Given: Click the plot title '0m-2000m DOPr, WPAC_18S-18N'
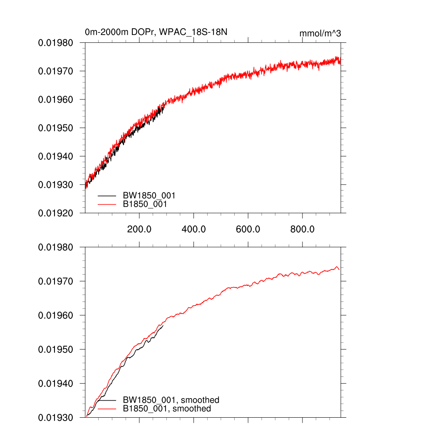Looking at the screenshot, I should (156, 32).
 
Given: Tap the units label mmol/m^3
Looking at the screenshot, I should (320, 33).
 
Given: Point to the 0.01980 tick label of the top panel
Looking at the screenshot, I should (56, 43).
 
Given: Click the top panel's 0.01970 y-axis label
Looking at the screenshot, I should (56, 71).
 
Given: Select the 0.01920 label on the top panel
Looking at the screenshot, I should (56, 213).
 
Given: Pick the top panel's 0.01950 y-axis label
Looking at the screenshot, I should (56, 128).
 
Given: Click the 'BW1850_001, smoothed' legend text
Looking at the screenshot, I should (171, 400).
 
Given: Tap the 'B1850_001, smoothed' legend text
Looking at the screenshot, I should (167, 409).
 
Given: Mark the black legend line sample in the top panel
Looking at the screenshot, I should (107, 195).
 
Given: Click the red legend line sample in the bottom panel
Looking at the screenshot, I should (107, 409).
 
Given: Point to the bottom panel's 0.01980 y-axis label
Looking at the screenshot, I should (56, 248).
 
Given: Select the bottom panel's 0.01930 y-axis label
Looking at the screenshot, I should (56, 417).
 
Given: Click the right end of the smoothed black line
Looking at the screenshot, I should (163, 325).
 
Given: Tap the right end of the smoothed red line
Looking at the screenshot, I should (339, 270).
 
